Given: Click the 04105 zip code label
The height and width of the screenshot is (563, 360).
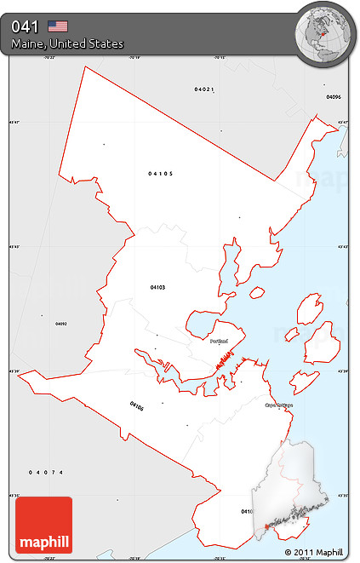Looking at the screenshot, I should (160, 173).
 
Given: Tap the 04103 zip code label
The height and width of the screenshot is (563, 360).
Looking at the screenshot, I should (157, 287).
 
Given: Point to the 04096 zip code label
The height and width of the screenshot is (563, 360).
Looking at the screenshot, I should (334, 96).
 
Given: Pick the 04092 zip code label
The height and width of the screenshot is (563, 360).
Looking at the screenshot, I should (61, 324).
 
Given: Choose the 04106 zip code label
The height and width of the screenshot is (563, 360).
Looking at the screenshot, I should (137, 405).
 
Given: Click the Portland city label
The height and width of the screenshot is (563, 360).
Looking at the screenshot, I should (219, 341).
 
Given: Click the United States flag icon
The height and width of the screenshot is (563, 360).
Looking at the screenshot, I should (58, 26).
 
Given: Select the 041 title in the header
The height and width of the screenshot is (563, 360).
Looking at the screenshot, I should (25, 26).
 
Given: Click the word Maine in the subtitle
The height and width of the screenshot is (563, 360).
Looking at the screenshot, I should (29, 43).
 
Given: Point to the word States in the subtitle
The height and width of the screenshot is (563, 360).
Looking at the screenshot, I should (107, 43).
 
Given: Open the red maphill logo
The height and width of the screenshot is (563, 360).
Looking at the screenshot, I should (44, 525).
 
